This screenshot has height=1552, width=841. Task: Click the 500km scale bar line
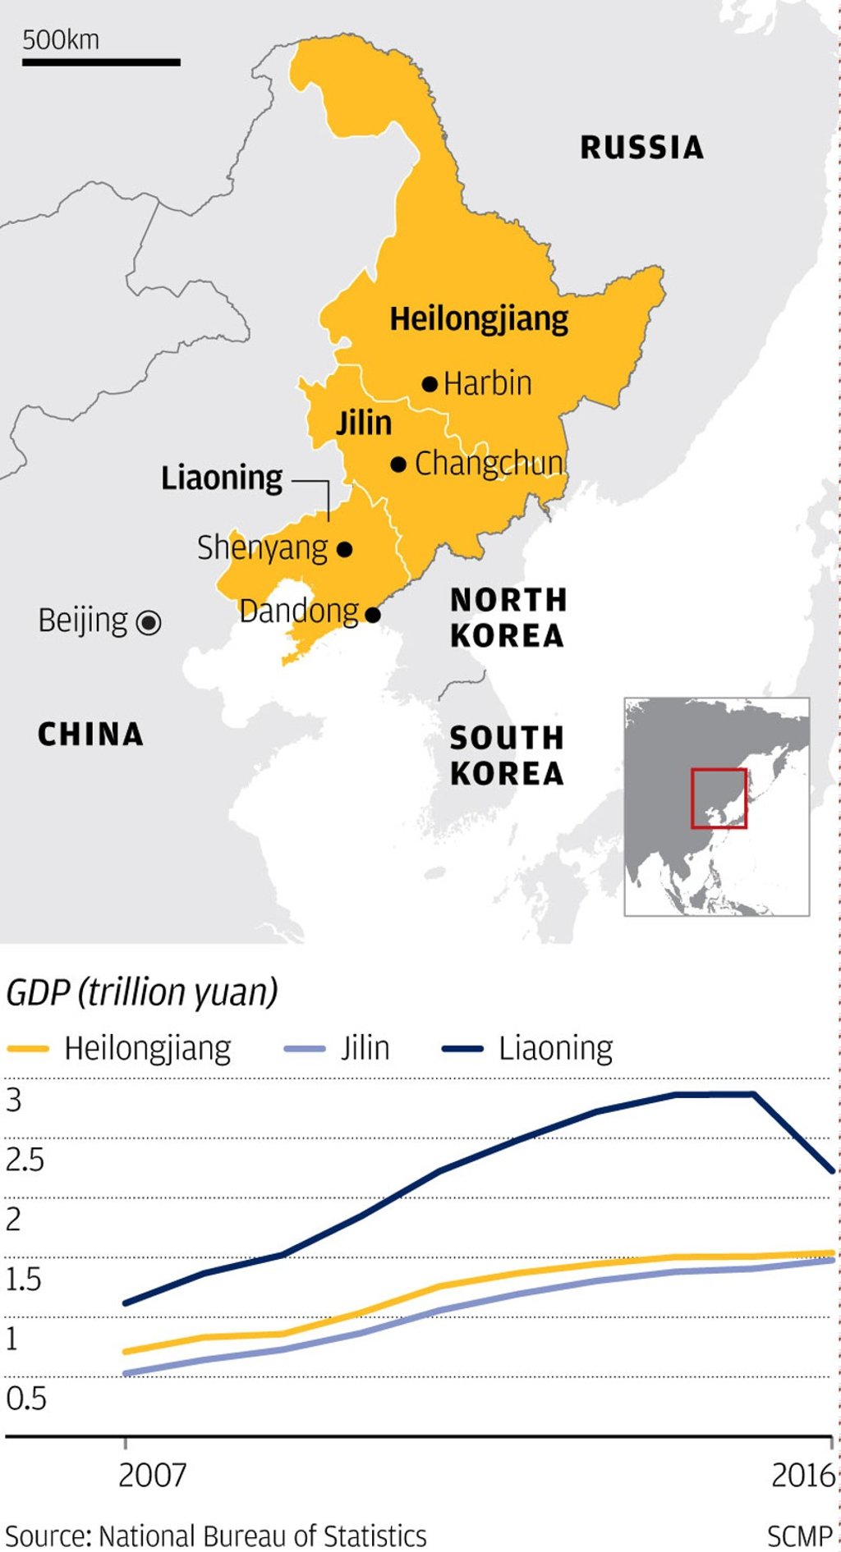pos(100,62)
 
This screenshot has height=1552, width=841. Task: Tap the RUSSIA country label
pos(641,148)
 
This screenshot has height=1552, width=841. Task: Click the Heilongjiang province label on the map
pos(479,319)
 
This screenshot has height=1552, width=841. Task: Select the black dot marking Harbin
pos(430,383)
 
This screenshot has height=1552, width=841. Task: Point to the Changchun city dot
pos(398,465)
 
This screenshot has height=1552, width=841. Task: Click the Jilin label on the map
pos(364,423)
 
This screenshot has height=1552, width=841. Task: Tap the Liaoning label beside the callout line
pos(222,478)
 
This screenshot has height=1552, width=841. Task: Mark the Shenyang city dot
pos(345,549)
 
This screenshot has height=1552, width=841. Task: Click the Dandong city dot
pos(373,615)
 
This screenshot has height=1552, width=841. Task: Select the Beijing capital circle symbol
pos(149,623)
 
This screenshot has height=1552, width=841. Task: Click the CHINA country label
pos(90,735)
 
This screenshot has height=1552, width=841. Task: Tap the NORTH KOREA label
pos(508,618)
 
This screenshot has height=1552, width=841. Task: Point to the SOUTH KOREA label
pos(507,756)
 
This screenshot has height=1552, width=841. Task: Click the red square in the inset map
pos(719,798)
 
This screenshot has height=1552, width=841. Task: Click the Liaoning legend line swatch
pos(462,1049)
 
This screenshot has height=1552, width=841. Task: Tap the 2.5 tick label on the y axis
pos(25,1161)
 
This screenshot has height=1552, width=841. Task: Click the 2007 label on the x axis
pos(153,1475)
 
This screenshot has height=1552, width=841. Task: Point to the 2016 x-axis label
pos(802,1475)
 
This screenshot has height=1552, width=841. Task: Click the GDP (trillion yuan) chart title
pos(141,992)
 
